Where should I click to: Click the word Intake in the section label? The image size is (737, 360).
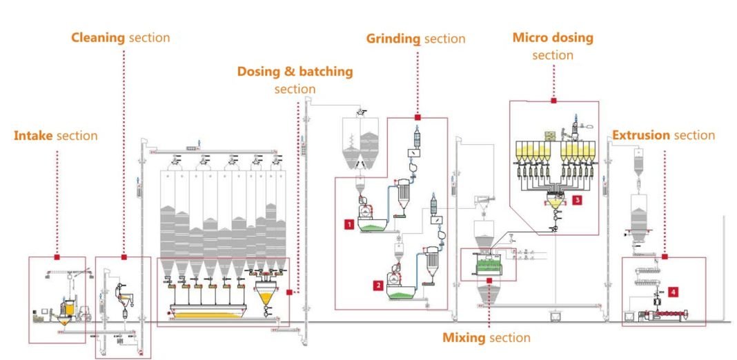pos(33,136)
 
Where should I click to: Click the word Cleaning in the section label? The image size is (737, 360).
pos(98,37)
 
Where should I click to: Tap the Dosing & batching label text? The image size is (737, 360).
pos(295,72)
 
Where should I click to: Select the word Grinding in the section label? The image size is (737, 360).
pos(393,39)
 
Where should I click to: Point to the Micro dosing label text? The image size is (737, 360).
pos(553,38)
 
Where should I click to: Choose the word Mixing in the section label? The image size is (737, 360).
pos(464,338)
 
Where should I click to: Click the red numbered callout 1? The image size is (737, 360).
pos(350,224)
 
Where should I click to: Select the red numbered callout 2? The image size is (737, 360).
pos(377,283)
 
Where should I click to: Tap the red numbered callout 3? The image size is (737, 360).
pos(577,199)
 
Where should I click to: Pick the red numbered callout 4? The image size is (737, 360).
pos(673,292)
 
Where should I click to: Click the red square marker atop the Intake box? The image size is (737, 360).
pos(57,257)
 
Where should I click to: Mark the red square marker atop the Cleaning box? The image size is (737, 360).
pos(124,257)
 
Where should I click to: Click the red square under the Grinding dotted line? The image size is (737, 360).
pos(417,118)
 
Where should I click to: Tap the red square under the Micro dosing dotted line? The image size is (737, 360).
pos(553,101)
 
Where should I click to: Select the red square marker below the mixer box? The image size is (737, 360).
pos(489,280)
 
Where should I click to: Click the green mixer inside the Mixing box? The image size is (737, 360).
pos(488,265)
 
